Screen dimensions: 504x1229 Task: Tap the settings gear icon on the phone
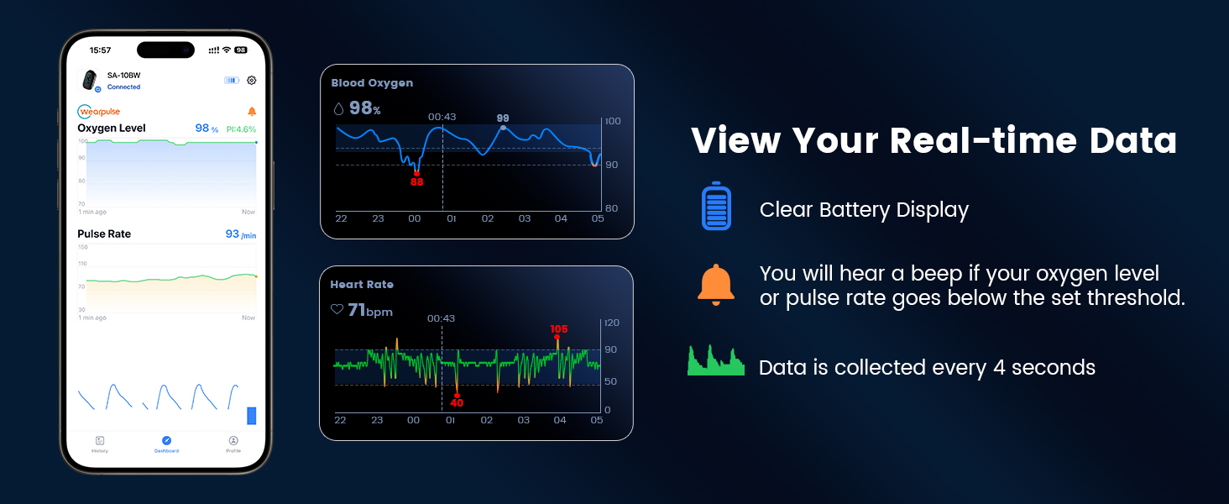pos(251,81)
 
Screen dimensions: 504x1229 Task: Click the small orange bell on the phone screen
pos(252,112)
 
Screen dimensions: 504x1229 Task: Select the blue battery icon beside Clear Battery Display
pos(716,206)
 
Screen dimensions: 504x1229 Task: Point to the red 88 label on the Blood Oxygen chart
pos(417,181)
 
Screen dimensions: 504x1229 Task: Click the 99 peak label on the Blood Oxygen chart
pos(503,118)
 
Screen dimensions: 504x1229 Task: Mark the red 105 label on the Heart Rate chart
pos(559,328)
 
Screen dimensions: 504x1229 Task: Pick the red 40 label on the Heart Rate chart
pos(457,403)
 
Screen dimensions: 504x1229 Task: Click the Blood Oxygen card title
pos(372,83)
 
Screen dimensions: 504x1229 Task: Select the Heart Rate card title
pos(362,285)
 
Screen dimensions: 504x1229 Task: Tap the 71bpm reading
pos(370,311)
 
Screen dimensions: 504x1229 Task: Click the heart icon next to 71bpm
pos(337,310)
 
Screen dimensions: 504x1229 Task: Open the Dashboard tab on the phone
pos(166,444)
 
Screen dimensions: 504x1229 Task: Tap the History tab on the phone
pos(100,444)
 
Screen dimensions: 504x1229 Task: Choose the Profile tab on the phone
pos(233,444)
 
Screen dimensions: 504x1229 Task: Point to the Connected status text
pos(123,87)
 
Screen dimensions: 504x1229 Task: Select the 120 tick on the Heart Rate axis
pos(612,323)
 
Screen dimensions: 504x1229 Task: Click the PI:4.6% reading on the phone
pos(240,129)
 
